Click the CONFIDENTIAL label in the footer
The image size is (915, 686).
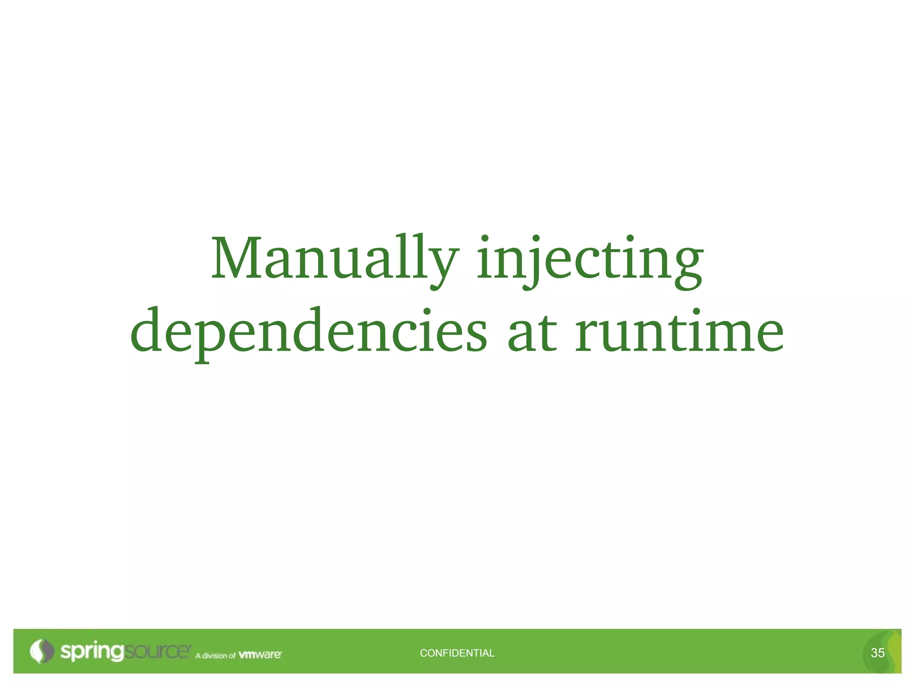(x=457, y=653)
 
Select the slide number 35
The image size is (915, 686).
(x=877, y=653)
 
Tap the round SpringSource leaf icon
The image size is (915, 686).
(x=42, y=651)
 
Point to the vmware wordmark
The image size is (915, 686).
(x=260, y=655)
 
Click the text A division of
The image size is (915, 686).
(x=215, y=656)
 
